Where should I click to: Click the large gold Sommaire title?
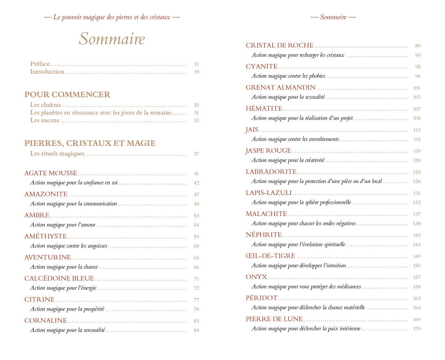point(112,39)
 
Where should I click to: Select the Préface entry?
point(40,64)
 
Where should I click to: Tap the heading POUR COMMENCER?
point(67,95)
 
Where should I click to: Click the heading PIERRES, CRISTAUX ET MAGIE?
point(90,143)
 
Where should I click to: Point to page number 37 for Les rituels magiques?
point(196,154)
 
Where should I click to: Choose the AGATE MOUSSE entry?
point(51,173)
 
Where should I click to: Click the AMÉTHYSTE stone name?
point(46,236)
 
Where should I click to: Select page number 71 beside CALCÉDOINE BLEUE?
point(196,279)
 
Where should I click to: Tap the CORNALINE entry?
point(46,321)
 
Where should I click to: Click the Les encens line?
point(44,120)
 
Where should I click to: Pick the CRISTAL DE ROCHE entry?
point(280,45)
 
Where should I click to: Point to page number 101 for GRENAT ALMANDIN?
point(417,88)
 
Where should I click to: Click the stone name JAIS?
point(252,130)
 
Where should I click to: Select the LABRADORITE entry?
point(271,172)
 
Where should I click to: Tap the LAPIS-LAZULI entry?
point(269,193)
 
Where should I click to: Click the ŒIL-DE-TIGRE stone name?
point(270,256)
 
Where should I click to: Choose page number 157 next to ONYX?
point(417,277)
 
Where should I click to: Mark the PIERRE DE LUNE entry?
point(274,319)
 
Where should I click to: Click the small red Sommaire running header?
point(333,17)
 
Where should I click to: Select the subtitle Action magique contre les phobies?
point(289,76)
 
